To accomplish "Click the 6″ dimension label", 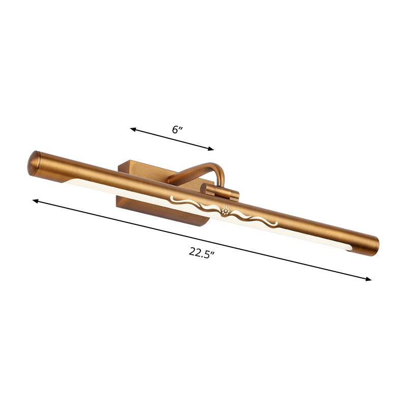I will coord(177,129).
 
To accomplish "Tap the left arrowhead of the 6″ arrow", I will coord(133,129).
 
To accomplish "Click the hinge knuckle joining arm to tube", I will coord(220,192).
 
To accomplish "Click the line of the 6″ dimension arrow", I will coord(172,139).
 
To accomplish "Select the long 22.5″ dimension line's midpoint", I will coord(202,240).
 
